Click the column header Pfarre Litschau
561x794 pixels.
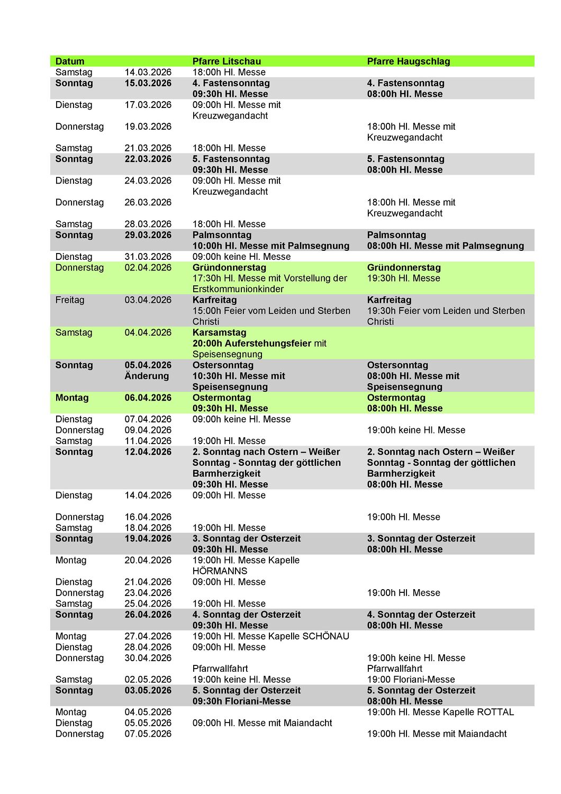point(227,61)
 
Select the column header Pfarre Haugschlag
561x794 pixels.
point(408,61)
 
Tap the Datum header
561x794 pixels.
point(69,61)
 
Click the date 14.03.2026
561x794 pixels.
point(148,73)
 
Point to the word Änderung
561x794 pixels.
point(147,376)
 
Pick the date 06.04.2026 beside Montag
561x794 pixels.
point(148,398)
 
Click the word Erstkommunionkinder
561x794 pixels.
point(238,289)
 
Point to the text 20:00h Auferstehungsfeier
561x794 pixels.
point(251,344)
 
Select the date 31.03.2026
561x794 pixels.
point(148,257)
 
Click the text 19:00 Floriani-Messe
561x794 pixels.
point(411,680)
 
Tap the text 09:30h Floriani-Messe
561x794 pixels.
point(241,701)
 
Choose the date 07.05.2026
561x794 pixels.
point(148,734)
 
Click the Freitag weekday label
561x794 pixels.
point(69,300)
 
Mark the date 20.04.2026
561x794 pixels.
point(148,560)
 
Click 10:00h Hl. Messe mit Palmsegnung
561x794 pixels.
point(270,246)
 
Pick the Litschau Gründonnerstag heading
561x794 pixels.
point(229,267)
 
